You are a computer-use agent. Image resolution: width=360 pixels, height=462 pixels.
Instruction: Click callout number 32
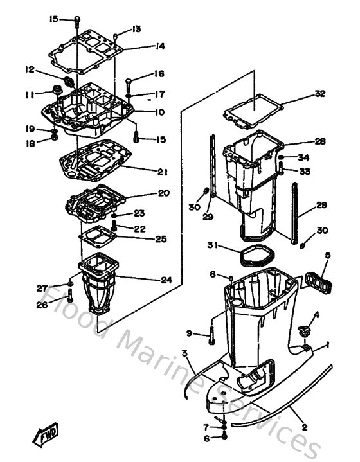pos(320,94)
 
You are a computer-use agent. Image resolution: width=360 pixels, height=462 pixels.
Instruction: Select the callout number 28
pos(320,141)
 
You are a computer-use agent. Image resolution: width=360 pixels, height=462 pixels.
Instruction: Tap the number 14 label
pos(160,46)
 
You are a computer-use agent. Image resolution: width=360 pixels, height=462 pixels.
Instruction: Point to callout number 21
pos(162,172)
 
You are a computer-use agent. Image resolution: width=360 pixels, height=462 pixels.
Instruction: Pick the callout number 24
pos(166,280)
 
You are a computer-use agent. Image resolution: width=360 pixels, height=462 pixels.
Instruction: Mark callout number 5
pos(327,255)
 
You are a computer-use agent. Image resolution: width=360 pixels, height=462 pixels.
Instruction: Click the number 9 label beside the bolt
pos(189,332)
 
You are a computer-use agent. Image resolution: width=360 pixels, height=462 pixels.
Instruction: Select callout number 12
pos(30,69)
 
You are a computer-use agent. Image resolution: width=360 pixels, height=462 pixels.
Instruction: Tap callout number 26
pos(42,305)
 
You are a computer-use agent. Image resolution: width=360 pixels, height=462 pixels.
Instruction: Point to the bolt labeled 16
pos(129,82)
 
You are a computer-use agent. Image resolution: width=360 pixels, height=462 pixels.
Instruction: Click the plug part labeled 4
pos(304,331)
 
